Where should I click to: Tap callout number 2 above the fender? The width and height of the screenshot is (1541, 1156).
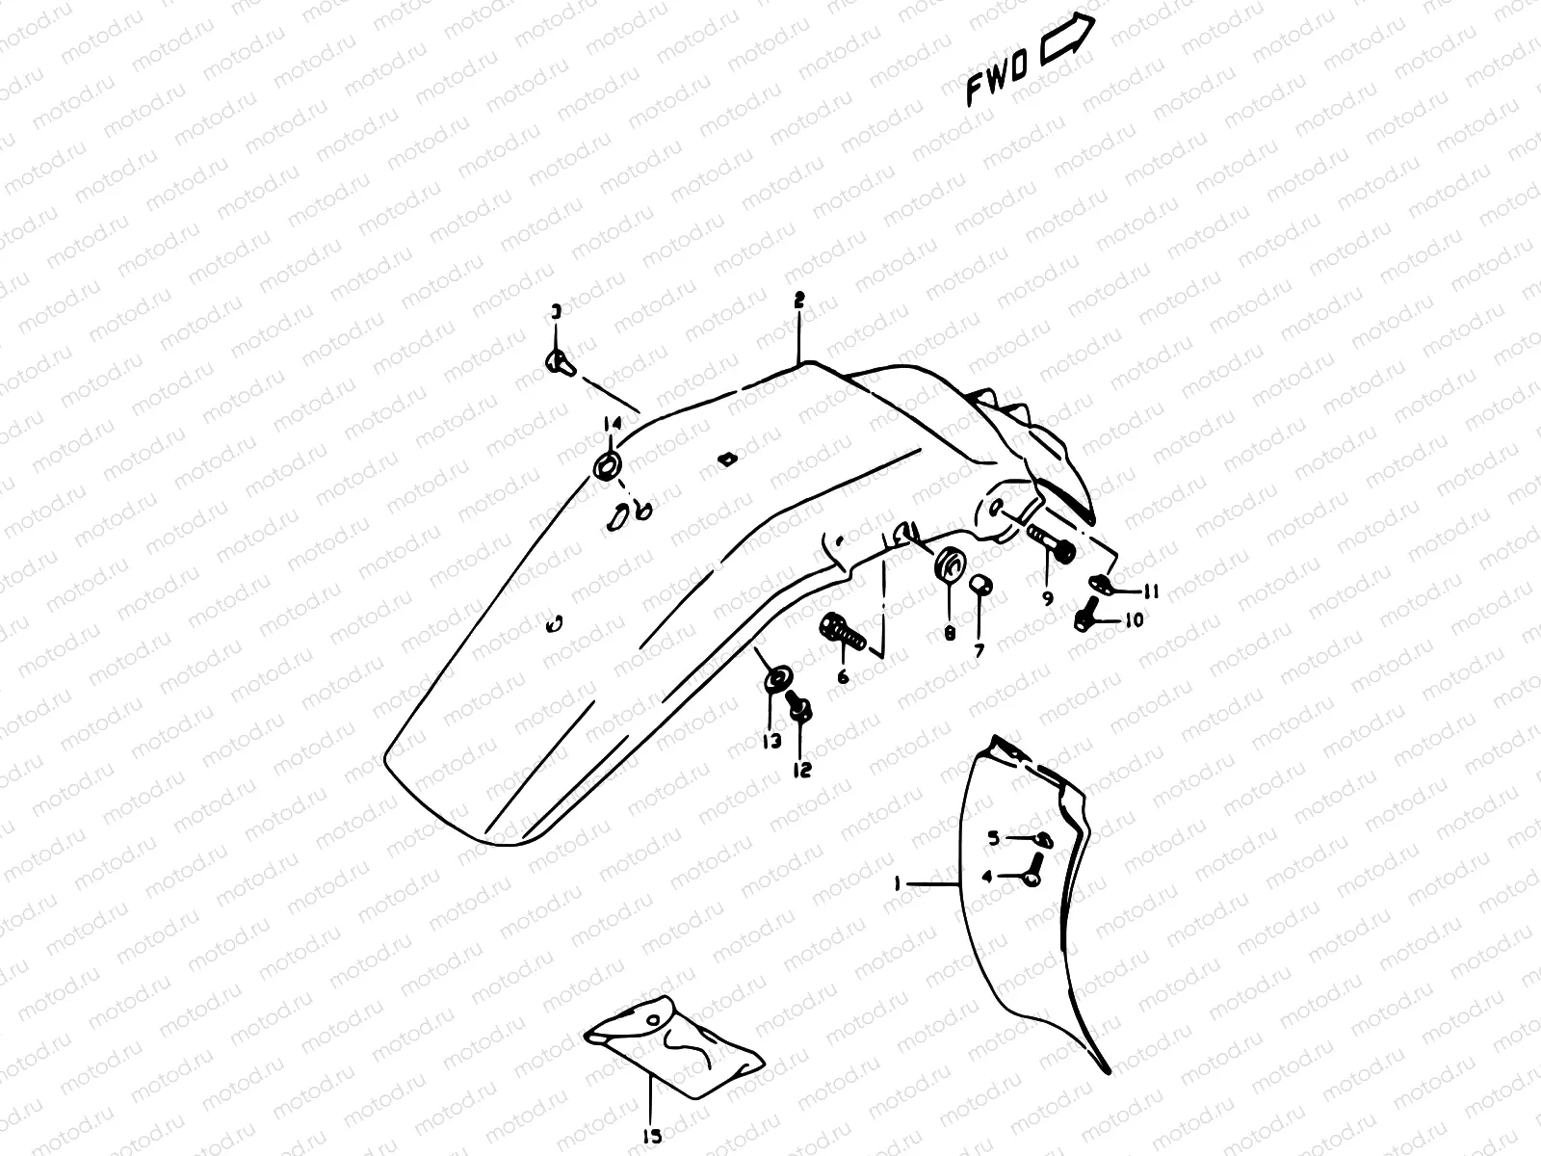798,301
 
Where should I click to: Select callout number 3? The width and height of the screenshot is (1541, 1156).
556,311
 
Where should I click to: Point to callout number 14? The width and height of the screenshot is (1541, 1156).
609,423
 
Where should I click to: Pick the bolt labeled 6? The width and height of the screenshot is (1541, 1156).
844,633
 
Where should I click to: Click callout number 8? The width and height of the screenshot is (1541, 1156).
949,633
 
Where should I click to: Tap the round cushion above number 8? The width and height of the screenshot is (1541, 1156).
948,564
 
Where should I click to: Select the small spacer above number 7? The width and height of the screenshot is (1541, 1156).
979,587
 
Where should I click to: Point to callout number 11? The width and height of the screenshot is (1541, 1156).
1151,591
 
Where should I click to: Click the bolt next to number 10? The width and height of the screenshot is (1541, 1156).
1087,615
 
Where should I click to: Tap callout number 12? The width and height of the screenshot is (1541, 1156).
801,770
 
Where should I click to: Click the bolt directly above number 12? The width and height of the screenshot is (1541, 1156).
799,711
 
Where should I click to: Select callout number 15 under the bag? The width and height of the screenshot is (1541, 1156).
652,1137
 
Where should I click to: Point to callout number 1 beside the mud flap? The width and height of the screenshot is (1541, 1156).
898,882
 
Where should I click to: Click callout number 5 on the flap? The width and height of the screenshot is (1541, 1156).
993,838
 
